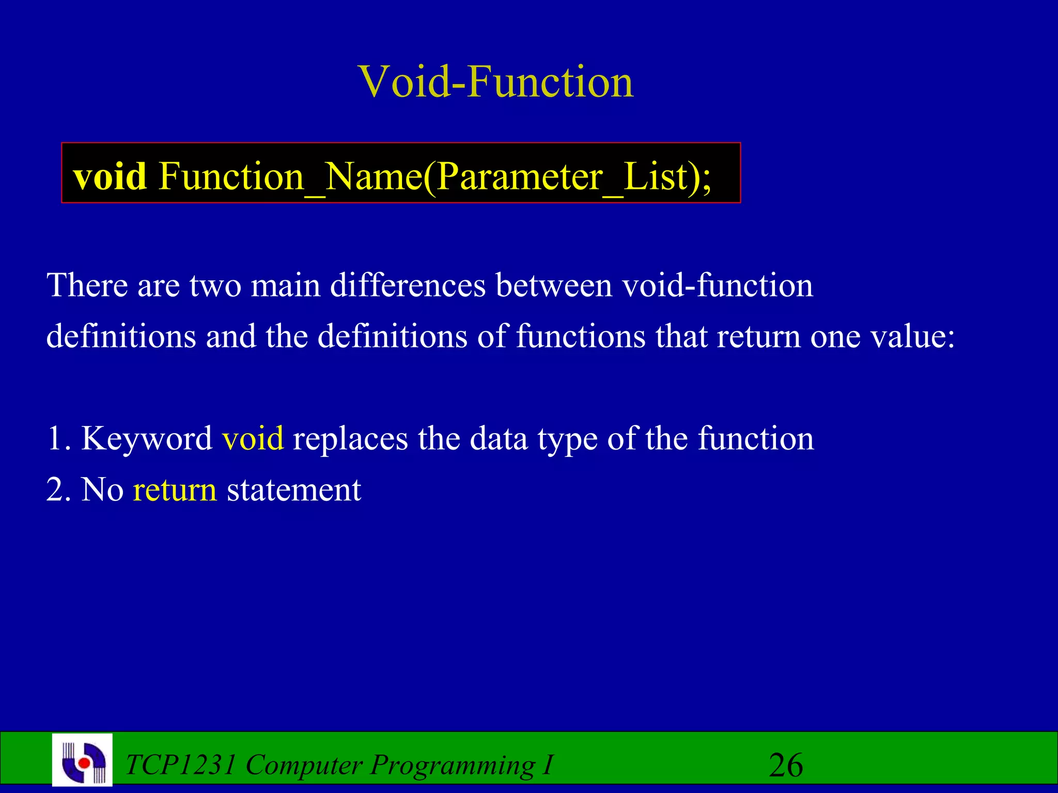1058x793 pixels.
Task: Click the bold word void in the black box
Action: pyautogui.click(x=110, y=177)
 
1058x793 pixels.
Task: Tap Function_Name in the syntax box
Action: pyautogui.click(x=290, y=177)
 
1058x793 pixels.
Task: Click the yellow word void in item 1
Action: pyautogui.click(x=253, y=438)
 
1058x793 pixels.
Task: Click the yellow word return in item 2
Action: pyautogui.click(x=175, y=489)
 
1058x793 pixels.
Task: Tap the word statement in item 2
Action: pyautogui.click(x=293, y=489)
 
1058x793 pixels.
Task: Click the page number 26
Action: pyautogui.click(x=785, y=765)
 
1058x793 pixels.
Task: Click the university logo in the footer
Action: pyautogui.click(x=83, y=760)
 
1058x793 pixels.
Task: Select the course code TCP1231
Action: pyautogui.click(x=180, y=765)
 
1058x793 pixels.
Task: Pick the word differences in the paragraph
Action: pyautogui.click(x=408, y=285)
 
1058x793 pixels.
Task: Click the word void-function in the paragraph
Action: pyautogui.click(x=717, y=285)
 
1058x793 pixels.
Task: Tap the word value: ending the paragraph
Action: pyautogui.click(x=912, y=337)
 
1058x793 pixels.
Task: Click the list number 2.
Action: pyautogui.click(x=57, y=489)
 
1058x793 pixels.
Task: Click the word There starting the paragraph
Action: pyautogui.click(x=87, y=285)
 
